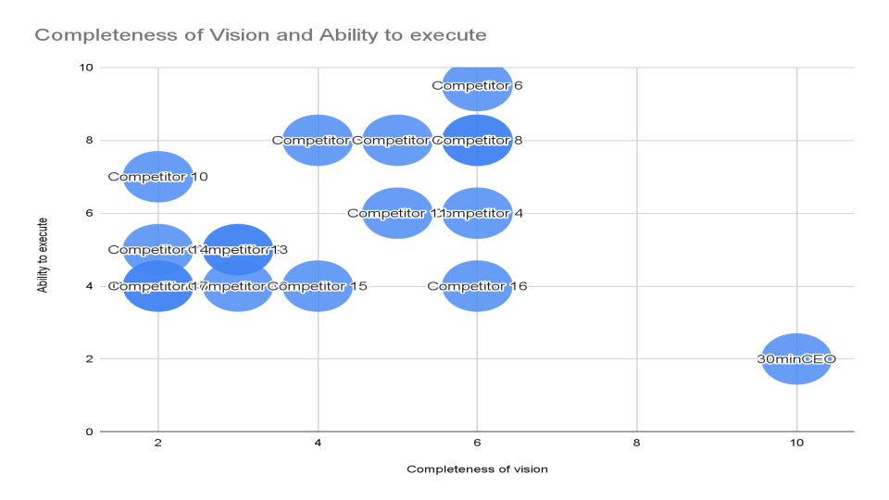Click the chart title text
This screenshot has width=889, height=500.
(x=260, y=36)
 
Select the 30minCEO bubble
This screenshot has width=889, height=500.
(x=796, y=358)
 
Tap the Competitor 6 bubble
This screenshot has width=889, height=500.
(x=478, y=86)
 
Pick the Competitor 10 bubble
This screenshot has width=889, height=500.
(x=158, y=176)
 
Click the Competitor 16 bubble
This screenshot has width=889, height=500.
(x=478, y=286)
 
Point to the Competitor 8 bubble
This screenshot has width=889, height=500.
(x=478, y=141)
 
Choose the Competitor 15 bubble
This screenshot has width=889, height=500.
(x=319, y=286)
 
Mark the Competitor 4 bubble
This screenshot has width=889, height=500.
(x=478, y=213)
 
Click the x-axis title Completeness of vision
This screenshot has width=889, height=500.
(x=477, y=469)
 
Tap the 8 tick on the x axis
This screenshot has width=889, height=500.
(x=637, y=444)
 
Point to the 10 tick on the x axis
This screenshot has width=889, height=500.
(x=796, y=444)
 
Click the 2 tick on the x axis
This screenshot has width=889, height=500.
(x=158, y=444)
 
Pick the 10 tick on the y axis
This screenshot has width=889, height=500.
(x=85, y=68)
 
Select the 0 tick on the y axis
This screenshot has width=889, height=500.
(x=88, y=431)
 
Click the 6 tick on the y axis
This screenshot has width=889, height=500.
(x=88, y=213)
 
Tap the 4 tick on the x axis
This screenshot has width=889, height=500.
(x=319, y=444)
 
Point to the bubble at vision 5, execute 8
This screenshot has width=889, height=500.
(x=398, y=141)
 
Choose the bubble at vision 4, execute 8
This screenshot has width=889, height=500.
(x=319, y=141)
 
